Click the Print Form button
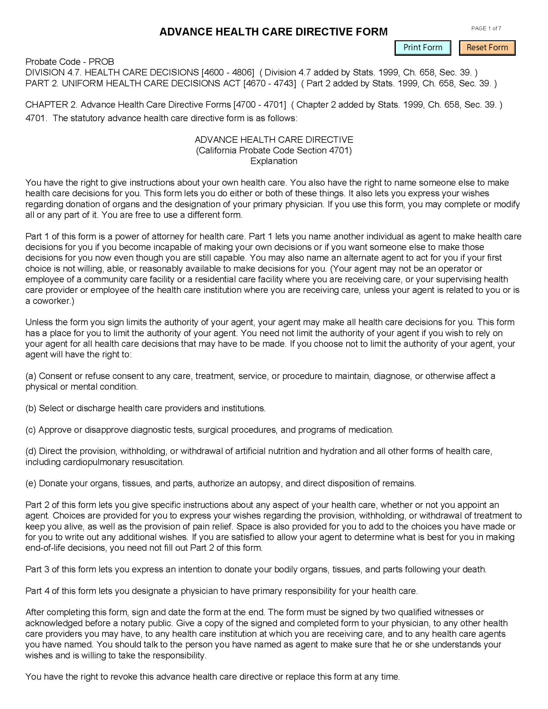coord(422,48)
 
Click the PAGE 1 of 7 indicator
coord(486,28)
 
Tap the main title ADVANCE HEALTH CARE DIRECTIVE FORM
coord(273,32)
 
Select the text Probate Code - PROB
coord(70,62)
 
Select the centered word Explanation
coord(273,161)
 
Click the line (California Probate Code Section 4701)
coord(273,150)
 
